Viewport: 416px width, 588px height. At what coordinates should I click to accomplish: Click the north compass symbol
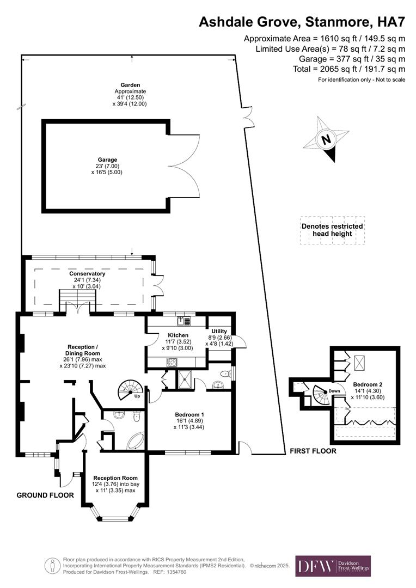pyautogui.click(x=327, y=139)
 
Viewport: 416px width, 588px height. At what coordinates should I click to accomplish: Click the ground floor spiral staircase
pyautogui.click(x=131, y=389)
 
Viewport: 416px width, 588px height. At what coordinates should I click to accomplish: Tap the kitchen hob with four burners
pyautogui.click(x=172, y=361)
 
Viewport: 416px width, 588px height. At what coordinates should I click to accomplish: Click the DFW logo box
pyautogui.click(x=333, y=566)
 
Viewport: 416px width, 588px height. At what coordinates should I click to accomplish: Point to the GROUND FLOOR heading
pyautogui.click(x=45, y=495)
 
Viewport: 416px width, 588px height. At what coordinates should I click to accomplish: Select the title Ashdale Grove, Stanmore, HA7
pyautogui.click(x=302, y=22)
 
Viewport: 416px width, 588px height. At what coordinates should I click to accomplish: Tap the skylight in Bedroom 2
pyautogui.click(x=360, y=362)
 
